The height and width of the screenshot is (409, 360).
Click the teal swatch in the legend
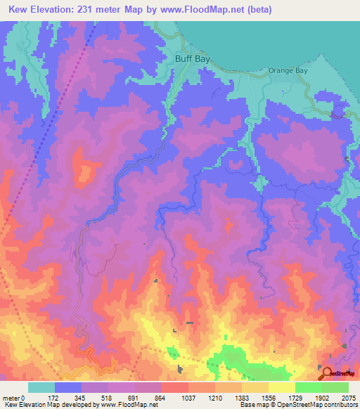pyautogui.click(x=41, y=387)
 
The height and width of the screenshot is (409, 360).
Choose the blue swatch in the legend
pyautogui.click(x=68, y=387)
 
